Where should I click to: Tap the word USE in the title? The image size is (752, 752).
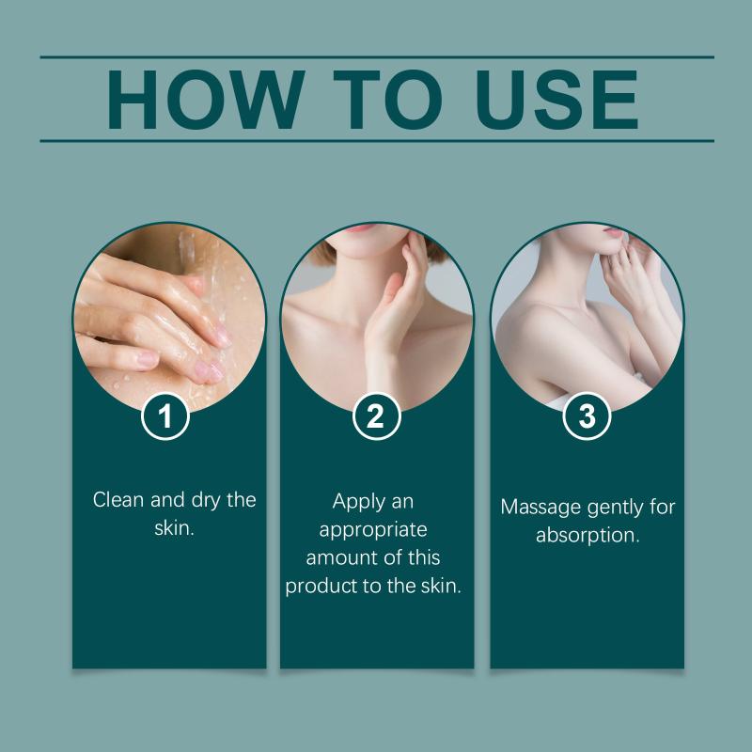pyautogui.click(x=556, y=100)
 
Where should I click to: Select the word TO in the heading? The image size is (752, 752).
pyautogui.click(x=387, y=100)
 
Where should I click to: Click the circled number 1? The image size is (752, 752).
pyautogui.click(x=165, y=415)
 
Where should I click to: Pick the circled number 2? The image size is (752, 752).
pyautogui.click(x=376, y=415)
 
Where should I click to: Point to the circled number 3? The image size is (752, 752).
pyautogui.click(x=587, y=415)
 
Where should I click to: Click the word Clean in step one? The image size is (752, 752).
pyautogui.click(x=118, y=500)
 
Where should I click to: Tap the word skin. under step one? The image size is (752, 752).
pyautogui.click(x=174, y=528)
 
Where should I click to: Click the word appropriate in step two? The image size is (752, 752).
pyautogui.click(x=373, y=530)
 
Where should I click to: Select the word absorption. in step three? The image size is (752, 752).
pyautogui.click(x=587, y=536)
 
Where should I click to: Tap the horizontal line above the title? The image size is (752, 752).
pyautogui.click(x=377, y=57)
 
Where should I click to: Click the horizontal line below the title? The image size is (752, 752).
pyautogui.click(x=377, y=141)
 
